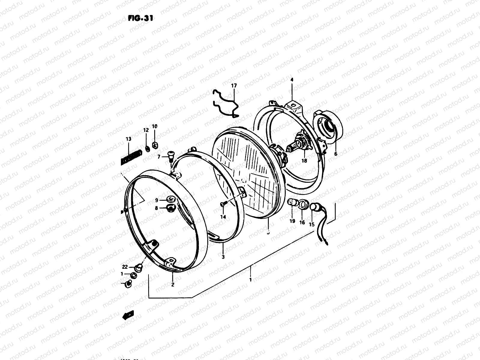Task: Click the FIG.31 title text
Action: [140, 18]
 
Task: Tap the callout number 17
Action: [234, 86]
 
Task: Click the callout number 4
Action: [292, 80]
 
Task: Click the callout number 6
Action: [336, 154]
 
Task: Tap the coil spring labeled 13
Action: [131, 158]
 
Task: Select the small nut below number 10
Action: [155, 145]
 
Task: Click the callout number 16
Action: [302, 222]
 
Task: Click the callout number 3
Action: [223, 257]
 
